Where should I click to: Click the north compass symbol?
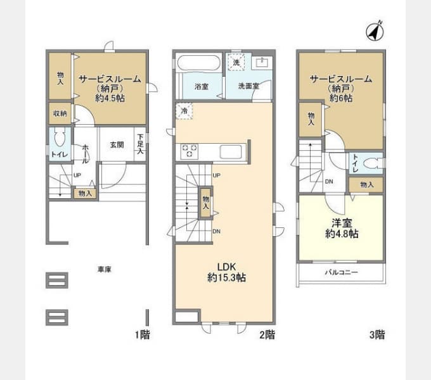(x=375, y=31)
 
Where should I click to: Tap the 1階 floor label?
(x=142, y=334)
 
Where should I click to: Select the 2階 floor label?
(x=267, y=334)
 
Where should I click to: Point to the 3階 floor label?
(x=377, y=334)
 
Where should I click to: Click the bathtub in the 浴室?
(x=199, y=63)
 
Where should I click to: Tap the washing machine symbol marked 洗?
(x=236, y=62)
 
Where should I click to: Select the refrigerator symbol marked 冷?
(x=184, y=111)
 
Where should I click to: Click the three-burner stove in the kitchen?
(x=189, y=151)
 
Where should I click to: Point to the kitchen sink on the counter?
(x=231, y=151)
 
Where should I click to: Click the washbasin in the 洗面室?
(x=262, y=63)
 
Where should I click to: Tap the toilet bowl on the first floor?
(x=60, y=137)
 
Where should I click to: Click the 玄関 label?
(x=117, y=144)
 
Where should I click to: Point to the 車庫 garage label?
(x=105, y=270)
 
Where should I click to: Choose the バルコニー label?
(x=342, y=272)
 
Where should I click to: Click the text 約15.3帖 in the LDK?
(x=226, y=277)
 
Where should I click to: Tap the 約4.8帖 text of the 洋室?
(x=342, y=234)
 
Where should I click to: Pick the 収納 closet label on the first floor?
(x=60, y=113)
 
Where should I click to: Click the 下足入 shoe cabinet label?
(x=141, y=144)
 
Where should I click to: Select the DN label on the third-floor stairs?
(x=329, y=182)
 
